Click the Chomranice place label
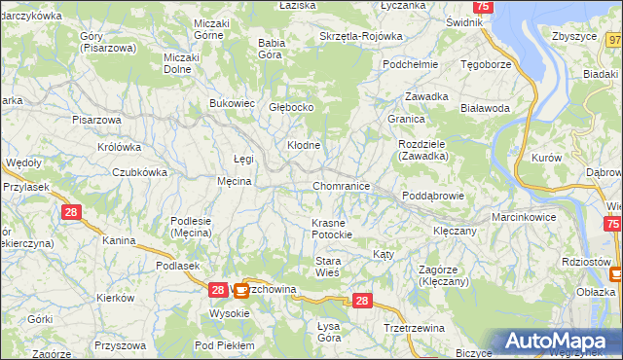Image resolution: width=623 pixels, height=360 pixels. pyautogui.click(x=341, y=185)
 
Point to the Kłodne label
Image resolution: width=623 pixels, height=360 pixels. pyautogui.click(x=303, y=145)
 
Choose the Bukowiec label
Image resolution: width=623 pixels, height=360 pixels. pyautogui.click(x=233, y=102)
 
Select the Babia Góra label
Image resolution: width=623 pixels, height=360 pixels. pyautogui.click(x=270, y=49)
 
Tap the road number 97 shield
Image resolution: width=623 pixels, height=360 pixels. pyautogui.click(x=613, y=40)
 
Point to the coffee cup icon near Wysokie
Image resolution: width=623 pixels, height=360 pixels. pyautogui.click(x=239, y=289)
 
